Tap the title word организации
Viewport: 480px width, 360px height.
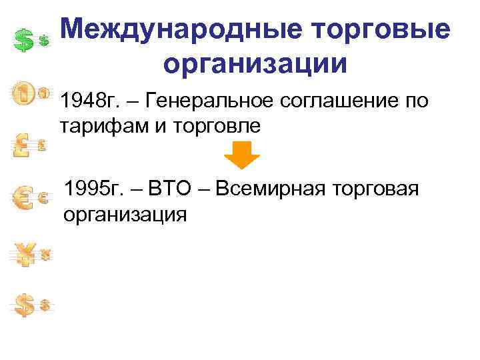[x=255, y=65]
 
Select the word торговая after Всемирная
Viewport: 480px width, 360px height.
[x=379, y=190]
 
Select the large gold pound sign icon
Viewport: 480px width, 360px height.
[x=23, y=144]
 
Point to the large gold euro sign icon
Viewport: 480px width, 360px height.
[x=24, y=197]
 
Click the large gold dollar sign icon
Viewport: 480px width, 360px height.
[x=24, y=305]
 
